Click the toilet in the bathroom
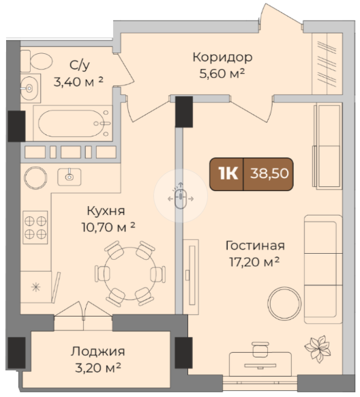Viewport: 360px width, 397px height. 37,61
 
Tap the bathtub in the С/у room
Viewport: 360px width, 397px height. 73,123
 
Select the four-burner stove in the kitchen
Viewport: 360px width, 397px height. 35,227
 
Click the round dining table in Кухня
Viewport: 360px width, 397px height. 130,274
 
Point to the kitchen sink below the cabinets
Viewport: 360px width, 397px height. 70,177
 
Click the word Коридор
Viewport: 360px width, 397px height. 222,57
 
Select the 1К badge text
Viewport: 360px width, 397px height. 228,173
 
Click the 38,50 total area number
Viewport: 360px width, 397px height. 269,173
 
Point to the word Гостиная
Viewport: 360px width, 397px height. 255,246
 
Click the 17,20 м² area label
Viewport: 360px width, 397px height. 254,262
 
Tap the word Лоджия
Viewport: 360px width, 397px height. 97,352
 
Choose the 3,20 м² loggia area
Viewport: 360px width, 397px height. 97,368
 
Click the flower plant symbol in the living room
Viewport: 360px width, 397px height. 318,349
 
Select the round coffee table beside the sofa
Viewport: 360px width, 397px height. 284,304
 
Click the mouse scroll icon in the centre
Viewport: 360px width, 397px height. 181,196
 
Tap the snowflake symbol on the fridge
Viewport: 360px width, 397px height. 35,287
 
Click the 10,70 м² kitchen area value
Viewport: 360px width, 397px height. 108,227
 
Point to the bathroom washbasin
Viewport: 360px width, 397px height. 30,89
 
